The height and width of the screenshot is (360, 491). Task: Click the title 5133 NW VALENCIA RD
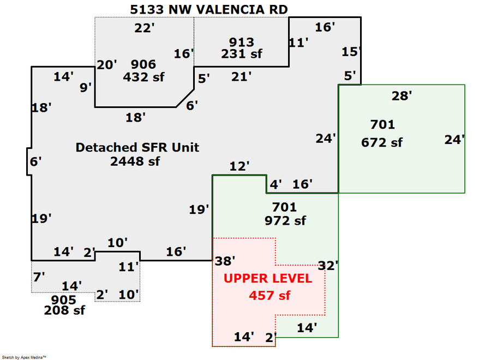click(209, 9)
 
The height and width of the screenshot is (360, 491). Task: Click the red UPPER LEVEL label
click(268, 278)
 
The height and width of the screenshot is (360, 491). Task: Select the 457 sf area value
click(270, 296)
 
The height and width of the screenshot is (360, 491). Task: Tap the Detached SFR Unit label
click(137, 147)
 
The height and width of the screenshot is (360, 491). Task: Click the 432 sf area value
click(143, 77)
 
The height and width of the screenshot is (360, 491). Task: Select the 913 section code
click(242, 42)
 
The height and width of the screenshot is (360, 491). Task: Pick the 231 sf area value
click(242, 53)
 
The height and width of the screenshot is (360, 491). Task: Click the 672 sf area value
click(382, 142)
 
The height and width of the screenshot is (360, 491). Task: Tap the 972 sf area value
click(285, 220)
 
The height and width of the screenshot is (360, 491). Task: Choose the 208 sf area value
click(65, 310)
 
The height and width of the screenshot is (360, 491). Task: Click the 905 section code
click(63, 299)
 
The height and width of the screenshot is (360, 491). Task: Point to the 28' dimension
click(402, 96)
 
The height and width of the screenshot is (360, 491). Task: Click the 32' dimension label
click(329, 266)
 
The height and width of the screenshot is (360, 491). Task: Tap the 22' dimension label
click(145, 28)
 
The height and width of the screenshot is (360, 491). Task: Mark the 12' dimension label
click(239, 165)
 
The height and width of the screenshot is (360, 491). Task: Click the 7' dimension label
click(39, 277)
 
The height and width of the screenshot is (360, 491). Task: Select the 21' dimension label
click(241, 77)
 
